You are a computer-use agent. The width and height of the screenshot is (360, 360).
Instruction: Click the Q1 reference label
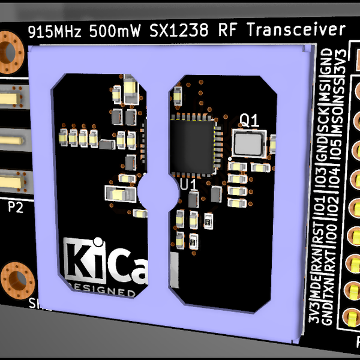[x=249, y=121]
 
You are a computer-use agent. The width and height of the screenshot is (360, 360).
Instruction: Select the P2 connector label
[x=16, y=208]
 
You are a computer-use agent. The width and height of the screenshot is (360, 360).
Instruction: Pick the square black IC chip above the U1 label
[x=192, y=145]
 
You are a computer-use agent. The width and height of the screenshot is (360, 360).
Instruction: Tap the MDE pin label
[x=314, y=293]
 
